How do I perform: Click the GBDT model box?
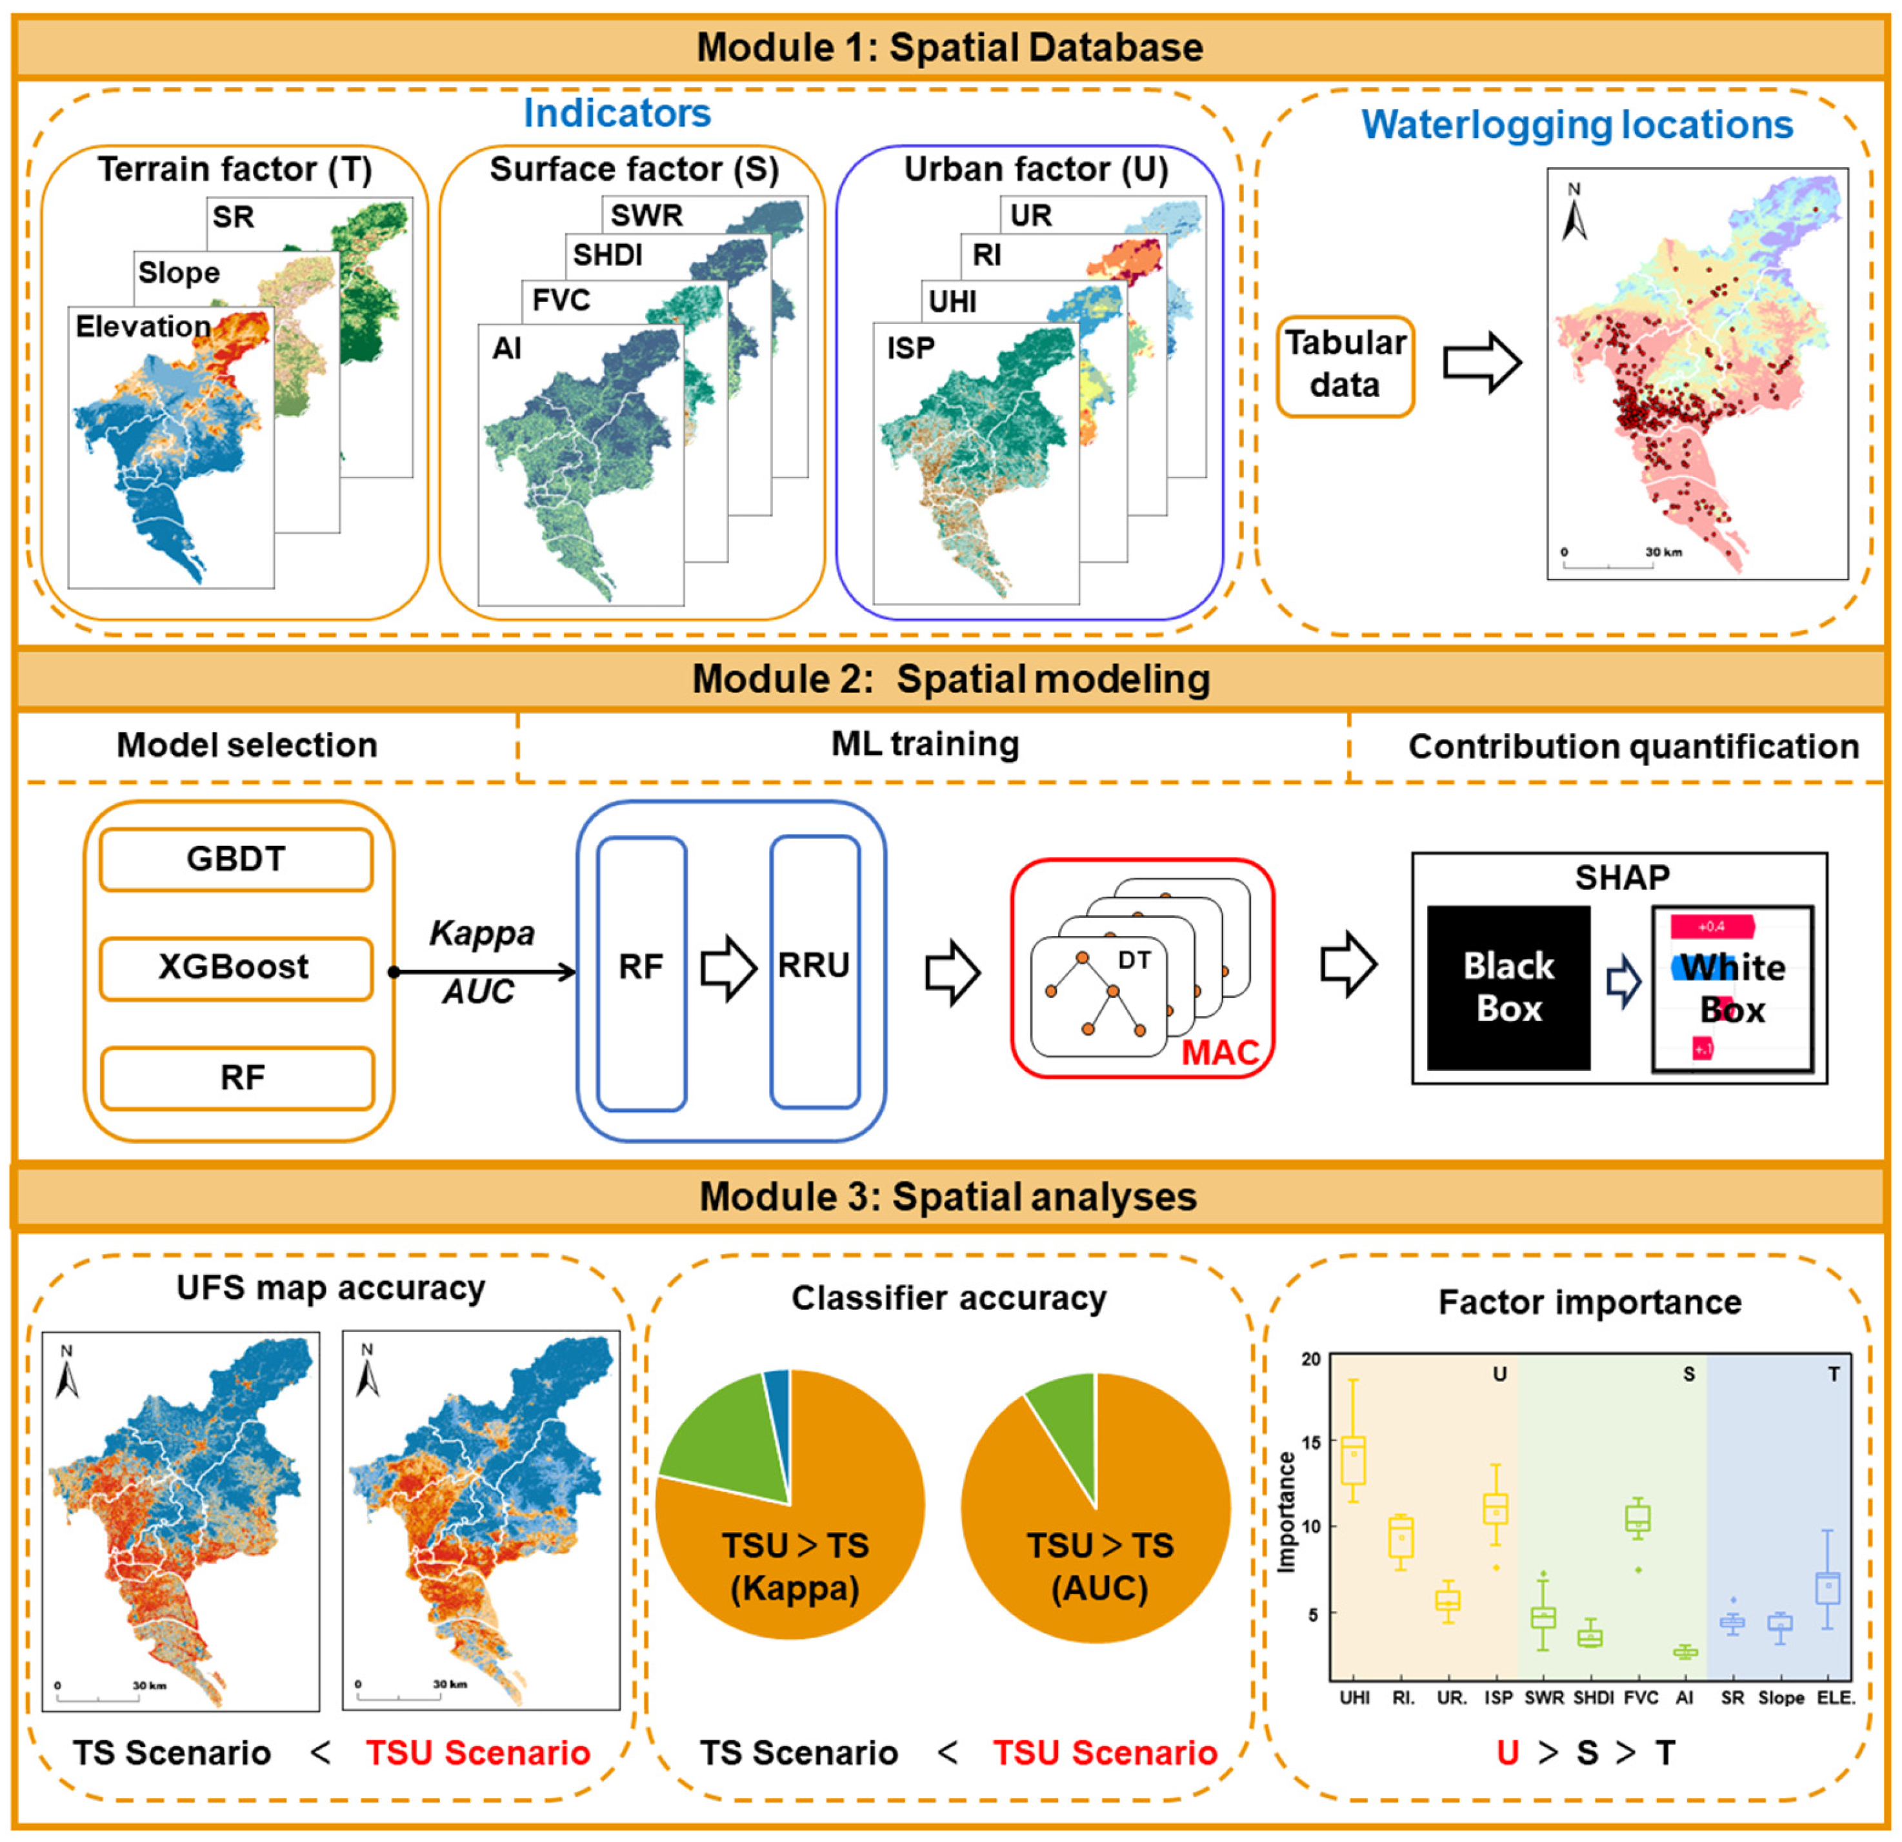(235, 859)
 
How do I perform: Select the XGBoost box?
(235, 967)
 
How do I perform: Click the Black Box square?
(1508, 987)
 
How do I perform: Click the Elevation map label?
(143, 327)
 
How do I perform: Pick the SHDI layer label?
(608, 255)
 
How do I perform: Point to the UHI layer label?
(952, 302)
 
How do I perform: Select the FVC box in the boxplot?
(1638, 1519)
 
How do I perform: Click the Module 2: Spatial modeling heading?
(951, 680)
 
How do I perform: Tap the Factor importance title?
(1590, 1302)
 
